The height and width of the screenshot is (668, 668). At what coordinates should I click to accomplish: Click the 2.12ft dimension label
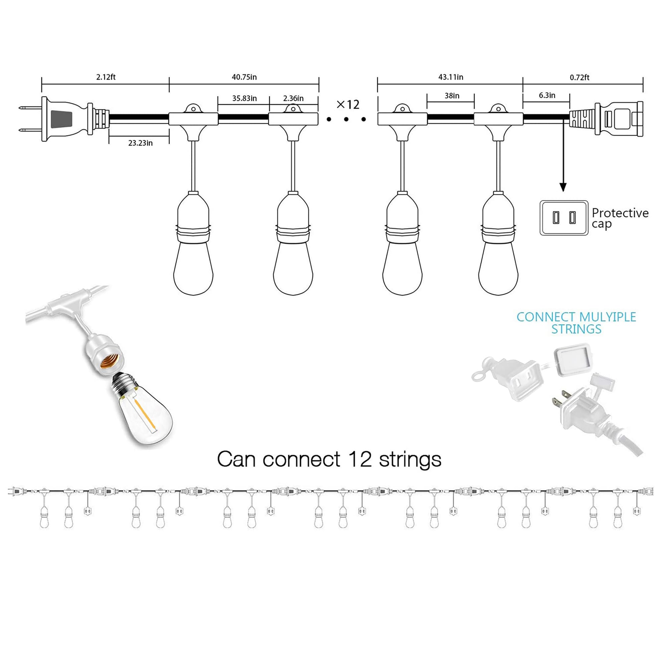[x=106, y=77]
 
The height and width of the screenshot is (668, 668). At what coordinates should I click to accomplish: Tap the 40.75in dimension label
[x=244, y=77]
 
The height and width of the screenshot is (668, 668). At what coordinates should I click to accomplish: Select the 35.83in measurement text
[x=244, y=98]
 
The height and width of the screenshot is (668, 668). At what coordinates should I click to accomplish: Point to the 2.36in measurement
[x=293, y=99]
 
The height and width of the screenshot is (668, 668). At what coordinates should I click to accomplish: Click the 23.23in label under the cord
[x=140, y=143]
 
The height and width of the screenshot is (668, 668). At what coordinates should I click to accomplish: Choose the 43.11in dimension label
[x=451, y=77]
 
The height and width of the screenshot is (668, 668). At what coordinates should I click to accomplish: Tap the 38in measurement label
[x=452, y=96]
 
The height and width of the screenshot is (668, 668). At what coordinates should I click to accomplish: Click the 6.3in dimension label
[x=547, y=96]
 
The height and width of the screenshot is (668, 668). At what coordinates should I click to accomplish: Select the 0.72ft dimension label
[x=579, y=77]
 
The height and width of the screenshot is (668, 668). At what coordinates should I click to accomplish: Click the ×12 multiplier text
[x=348, y=104]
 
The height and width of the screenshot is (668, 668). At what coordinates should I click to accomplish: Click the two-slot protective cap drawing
[x=563, y=218]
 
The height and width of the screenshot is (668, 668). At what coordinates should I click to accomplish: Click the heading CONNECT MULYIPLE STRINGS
[x=576, y=323]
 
